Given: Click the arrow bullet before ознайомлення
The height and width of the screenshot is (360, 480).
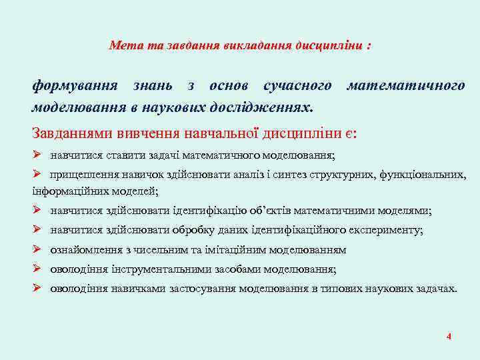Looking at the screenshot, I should (38, 250).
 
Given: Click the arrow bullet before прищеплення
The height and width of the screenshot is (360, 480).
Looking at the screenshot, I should (38, 175).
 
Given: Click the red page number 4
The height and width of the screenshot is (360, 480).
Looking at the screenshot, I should (449, 337).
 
